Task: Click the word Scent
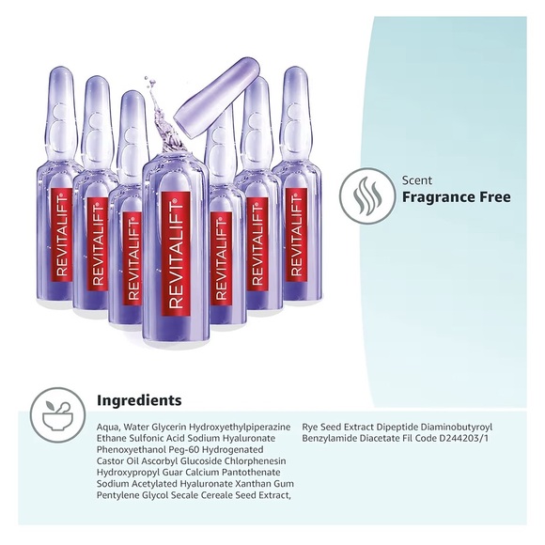pos(417,179)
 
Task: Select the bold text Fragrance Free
pos(456,197)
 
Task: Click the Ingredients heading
pos(139,400)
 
